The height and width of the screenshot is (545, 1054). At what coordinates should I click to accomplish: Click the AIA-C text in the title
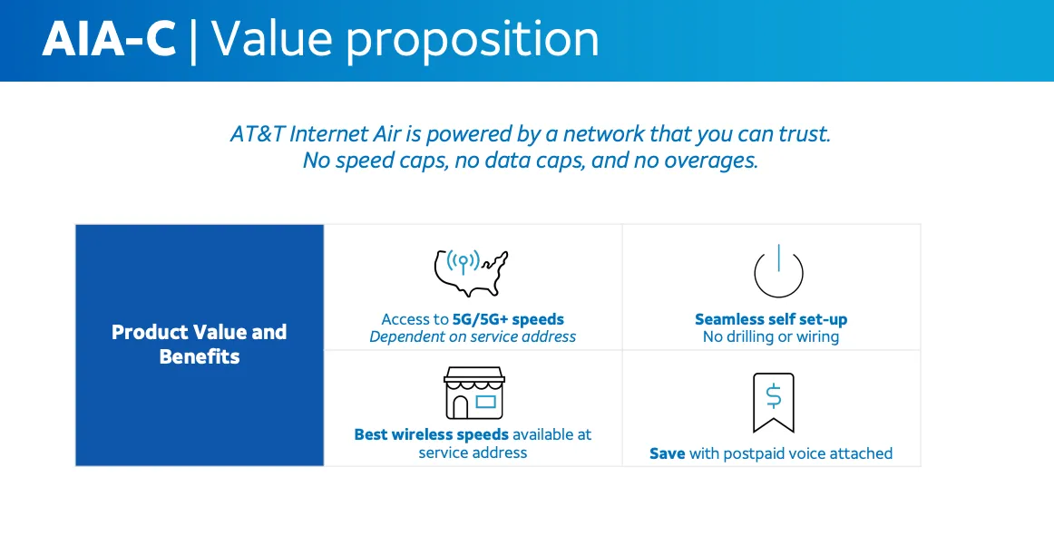click(x=109, y=39)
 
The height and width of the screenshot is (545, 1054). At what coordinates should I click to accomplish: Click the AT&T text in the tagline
click(x=257, y=134)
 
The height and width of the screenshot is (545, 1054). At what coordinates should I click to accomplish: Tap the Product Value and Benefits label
click(x=199, y=344)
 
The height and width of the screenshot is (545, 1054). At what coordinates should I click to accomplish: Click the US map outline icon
click(x=471, y=273)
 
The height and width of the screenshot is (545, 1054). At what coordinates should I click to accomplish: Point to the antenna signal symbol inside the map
click(x=464, y=262)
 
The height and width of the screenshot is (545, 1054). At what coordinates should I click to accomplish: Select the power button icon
click(x=778, y=271)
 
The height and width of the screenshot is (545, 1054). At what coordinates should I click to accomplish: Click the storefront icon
click(x=473, y=394)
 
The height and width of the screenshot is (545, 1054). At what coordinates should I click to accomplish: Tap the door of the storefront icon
click(x=461, y=407)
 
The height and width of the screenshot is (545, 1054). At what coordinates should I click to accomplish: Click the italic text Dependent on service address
click(x=473, y=336)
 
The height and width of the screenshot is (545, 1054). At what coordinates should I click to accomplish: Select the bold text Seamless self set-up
click(x=771, y=319)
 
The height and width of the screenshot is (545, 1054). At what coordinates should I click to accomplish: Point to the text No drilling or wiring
click(x=771, y=336)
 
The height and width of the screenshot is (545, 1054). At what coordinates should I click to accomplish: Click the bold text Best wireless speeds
click(x=432, y=434)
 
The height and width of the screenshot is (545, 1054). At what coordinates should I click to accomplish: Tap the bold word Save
click(x=667, y=453)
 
